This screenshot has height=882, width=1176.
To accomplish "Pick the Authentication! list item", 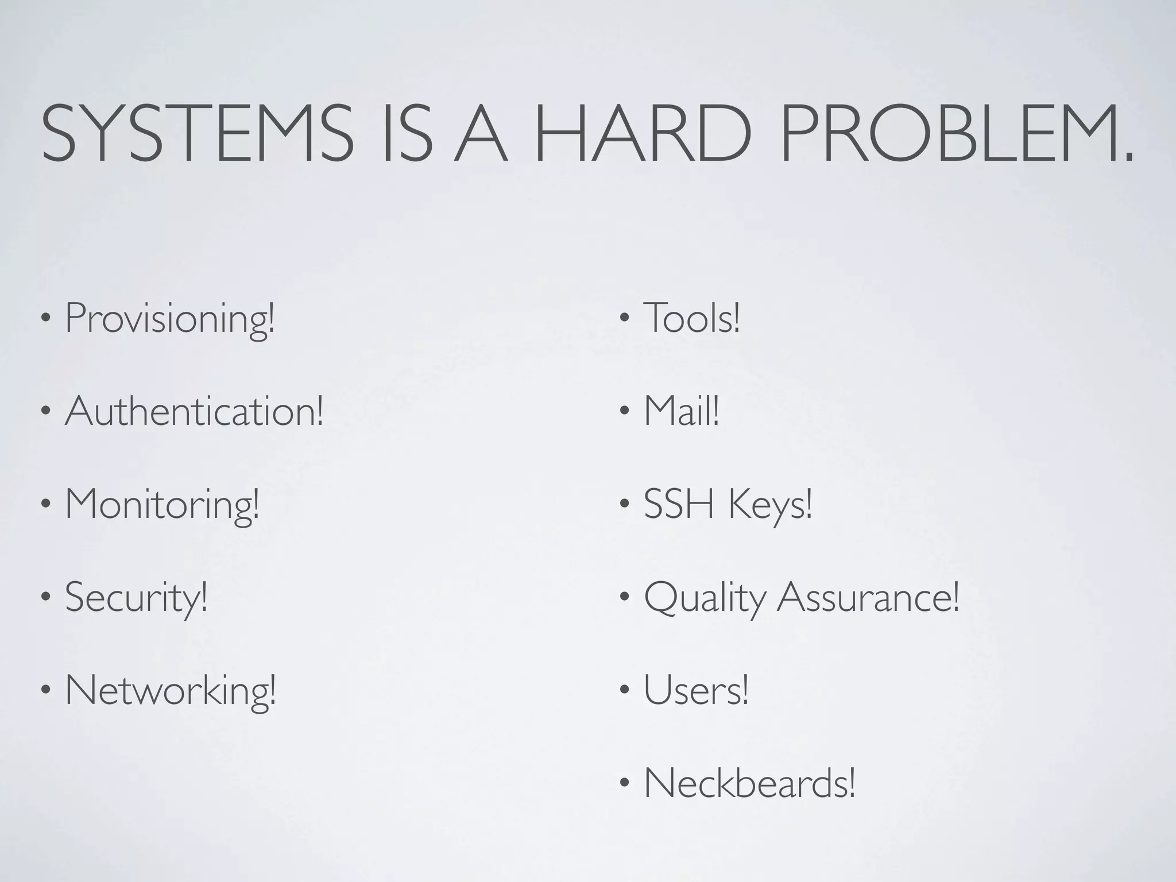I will (x=194, y=411).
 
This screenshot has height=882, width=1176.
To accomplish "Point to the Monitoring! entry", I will (x=162, y=504).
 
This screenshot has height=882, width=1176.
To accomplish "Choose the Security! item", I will (x=136, y=597).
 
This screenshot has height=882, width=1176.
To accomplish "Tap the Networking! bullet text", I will (x=171, y=690).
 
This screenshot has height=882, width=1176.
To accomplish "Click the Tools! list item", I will (x=691, y=318).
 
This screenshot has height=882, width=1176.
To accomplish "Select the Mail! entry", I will (x=681, y=411).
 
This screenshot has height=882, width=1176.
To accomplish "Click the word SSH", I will (x=679, y=504).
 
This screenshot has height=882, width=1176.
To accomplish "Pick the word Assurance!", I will (x=868, y=597).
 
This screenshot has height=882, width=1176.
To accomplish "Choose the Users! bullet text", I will (x=696, y=690).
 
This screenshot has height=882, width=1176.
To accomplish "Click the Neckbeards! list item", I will (x=749, y=783).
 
